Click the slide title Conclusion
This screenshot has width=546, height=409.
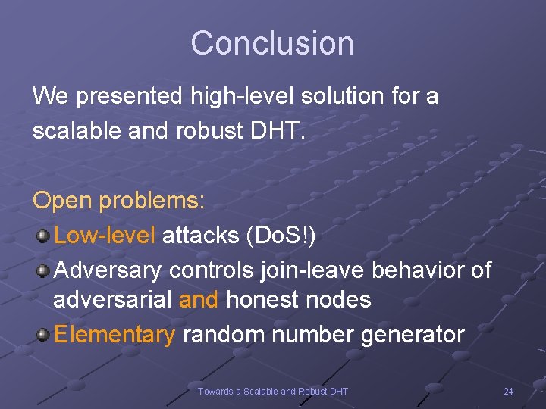[x=272, y=43]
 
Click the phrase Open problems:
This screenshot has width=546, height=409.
[x=118, y=201]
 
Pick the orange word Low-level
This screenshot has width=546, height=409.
[x=105, y=235]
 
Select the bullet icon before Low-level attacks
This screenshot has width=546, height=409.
[x=42, y=236]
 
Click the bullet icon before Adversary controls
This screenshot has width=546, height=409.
[x=42, y=269]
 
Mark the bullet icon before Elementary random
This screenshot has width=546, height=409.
[x=42, y=334]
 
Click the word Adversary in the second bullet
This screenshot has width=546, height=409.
[x=108, y=269]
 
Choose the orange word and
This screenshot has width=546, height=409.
[x=199, y=300]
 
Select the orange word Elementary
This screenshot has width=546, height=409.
[x=115, y=334]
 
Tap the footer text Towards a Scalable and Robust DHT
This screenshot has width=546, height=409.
[x=272, y=391]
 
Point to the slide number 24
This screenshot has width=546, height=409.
[x=508, y=391]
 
